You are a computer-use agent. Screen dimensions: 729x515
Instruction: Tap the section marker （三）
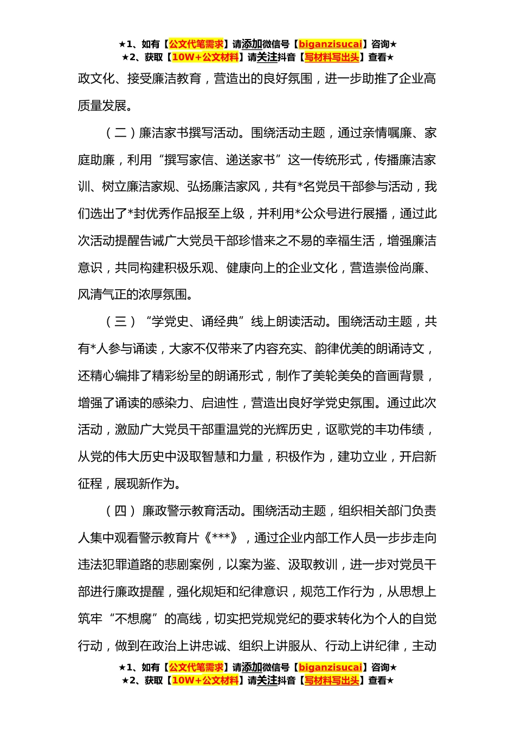(x=120, y=322)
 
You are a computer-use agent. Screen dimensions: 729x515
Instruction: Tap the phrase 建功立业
(x=362, y=457)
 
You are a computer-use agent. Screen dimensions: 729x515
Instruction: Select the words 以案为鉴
(x=251, y=565)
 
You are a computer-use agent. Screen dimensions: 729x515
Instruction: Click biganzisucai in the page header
(x=330, y=44)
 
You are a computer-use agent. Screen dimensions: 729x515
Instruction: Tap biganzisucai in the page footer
(x=330, y=668)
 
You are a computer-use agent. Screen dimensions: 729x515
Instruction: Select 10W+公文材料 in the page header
(x=205, y=57)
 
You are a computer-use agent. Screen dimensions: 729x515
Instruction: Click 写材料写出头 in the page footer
(x=332, y=681)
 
